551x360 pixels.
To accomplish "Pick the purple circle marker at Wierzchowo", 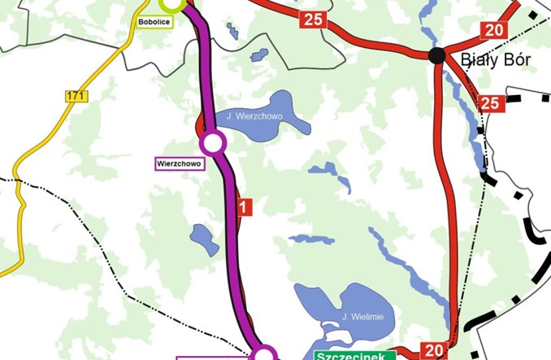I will pyautogui.click(x=212, y=143).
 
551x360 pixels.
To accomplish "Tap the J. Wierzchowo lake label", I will pyautogui.click(x=254, y=117).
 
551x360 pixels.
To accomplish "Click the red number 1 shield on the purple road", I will pyautogui.click(x=245, y=206).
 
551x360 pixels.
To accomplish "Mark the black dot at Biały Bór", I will pyautogui.click(x=437, y=55).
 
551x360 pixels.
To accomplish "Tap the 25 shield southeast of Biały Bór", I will pyautogui.click(x=489, y=102).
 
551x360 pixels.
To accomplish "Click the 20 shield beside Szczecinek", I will pyautogui.click(x=432, y=351).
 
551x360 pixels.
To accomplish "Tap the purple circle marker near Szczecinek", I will pyautogui.click(x=265, y=354).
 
